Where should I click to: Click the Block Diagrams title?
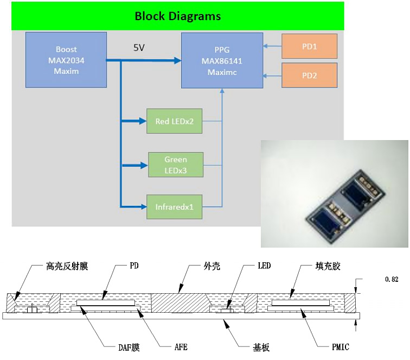(177, 16)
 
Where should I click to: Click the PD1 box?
(309, 47)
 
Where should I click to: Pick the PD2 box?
(309, 75)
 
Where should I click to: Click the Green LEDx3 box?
(176, 164)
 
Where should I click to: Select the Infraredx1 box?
(175, 206)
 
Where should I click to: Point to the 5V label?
(139, 48)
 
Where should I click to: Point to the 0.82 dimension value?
(391, 280)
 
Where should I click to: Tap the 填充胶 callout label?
(329, 267)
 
